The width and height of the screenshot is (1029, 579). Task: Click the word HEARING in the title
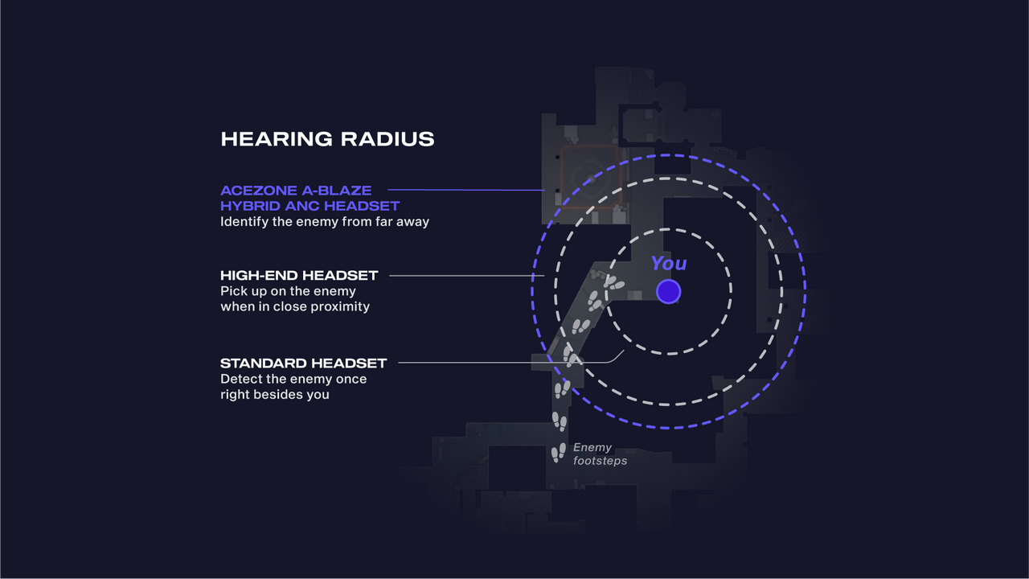pyautogui.click(x=277, y=139)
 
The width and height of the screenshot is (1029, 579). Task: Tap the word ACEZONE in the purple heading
pyautogui.click(x=259, y=191)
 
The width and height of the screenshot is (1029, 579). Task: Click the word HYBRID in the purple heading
pyautogui.click(x=250, y=206)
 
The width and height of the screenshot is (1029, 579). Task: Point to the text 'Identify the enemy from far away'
pyautogui.click(x=325, y=221)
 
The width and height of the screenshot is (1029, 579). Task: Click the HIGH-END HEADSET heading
pyautogui.click(x=299, y=275)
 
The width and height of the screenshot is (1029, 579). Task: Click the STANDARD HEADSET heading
pyautogui.click(x=303, y=363)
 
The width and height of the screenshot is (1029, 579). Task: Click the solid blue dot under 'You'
pyautogui.click(x=668, y=291)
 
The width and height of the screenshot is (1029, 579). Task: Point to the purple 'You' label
pyautogui.click(x=669, y=263)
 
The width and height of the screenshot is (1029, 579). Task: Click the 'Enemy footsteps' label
pyautogui.click(x=600, y=454)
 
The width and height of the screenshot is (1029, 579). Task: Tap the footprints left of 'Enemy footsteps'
pyautogui.click(x=559, y=453)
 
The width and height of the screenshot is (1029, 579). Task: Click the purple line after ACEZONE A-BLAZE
pyautogui.click(x=466, y=189)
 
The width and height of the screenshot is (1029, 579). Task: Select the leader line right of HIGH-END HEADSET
pyautogui.click(x=467, y=276)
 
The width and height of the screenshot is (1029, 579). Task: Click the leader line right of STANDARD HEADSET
pyautogui.click(x=510, y=363)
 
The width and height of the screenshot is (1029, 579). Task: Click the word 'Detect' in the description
pyautogui.click(x=241, y=379)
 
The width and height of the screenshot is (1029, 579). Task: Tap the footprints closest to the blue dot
pyautogui.click(x=613, y=282)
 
